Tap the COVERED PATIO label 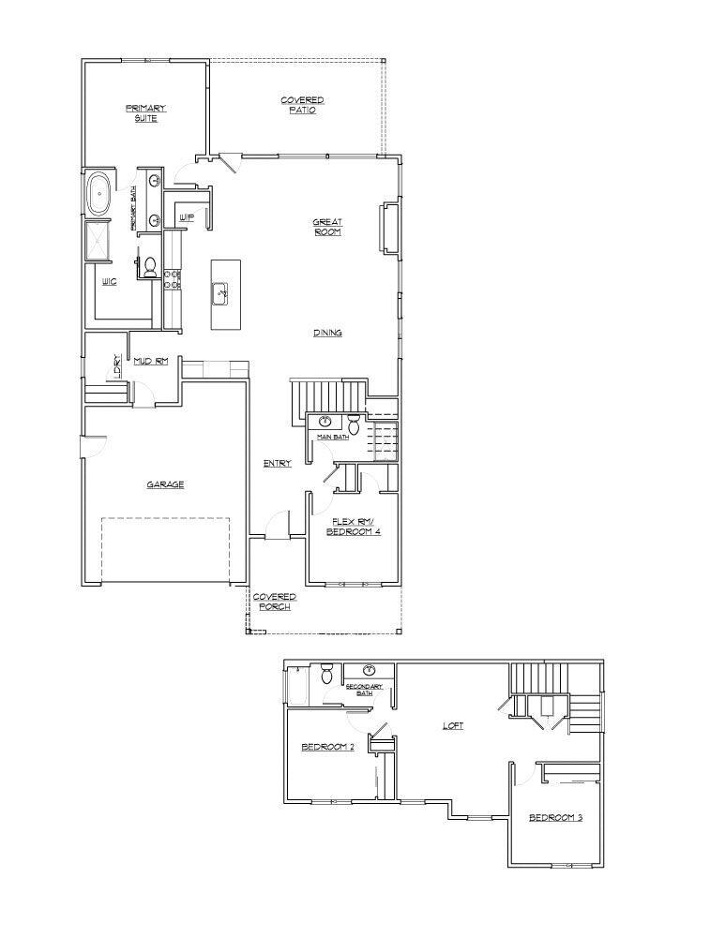(x=302, y=105)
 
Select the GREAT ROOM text (x=327, y=227)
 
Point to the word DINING (x=327, y=333)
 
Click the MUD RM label (x=150, y=361)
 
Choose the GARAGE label (x=164, y=484)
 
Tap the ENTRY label (x=278, y=463)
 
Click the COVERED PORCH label (x=275, y=602)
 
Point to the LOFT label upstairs (x=453, y=726)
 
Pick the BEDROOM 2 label (x=326, y=747)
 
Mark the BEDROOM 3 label (x=555, y=818)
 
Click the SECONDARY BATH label (x=365, y=690)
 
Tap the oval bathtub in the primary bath (x=98, y=194)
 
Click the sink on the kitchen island (x=223, y=293)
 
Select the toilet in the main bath (x=354, y=424)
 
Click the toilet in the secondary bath (x=326, y=675)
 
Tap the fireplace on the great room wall (x=385, y=228)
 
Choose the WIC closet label (x=109, y=281)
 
